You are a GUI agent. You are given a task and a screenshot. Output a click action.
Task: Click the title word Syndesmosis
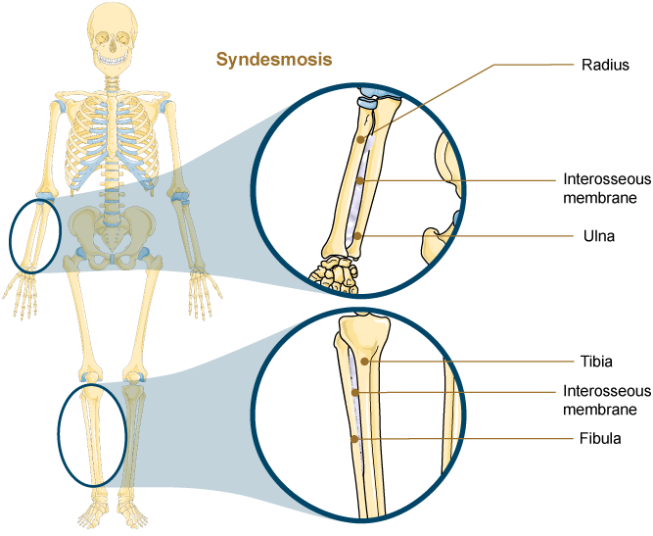274,60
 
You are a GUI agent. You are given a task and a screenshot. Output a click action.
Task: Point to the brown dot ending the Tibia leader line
365,361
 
